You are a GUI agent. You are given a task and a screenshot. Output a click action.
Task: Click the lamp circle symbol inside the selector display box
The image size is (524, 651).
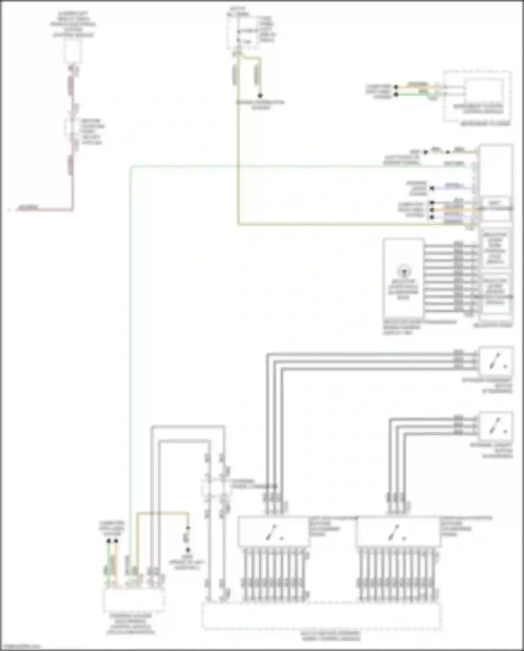[x=404, y=271]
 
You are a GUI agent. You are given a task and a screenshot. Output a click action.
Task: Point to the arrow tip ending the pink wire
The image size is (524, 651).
[x=10, y=210]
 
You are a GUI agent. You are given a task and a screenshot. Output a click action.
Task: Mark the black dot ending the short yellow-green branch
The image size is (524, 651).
[x=260, y=95]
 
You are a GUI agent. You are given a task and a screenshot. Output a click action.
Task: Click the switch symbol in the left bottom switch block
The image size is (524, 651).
[x=272, y=532]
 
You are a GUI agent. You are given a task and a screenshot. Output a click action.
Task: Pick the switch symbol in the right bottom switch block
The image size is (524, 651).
[x=394, y=532]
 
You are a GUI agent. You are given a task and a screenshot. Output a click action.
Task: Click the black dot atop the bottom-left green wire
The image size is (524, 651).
[x=109, y=541]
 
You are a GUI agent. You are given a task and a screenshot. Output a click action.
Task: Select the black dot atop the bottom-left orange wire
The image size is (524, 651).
[x=116, y=541]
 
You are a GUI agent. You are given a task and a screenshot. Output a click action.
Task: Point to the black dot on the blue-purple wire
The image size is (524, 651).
[x=432, y=188]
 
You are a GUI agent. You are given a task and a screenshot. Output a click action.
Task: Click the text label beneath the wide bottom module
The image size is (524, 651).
[x=330, y=636]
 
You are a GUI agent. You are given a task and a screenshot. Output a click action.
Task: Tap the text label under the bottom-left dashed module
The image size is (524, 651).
[x=130, y=624]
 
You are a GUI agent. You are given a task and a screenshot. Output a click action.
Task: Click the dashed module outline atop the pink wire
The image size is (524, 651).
[x=73, y=52]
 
